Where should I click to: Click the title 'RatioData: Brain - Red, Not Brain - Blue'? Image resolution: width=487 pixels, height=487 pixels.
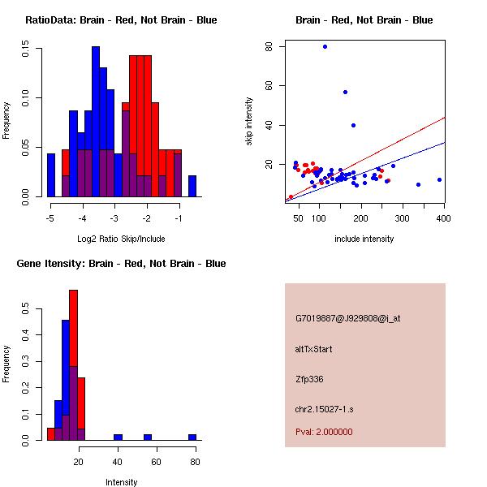121,19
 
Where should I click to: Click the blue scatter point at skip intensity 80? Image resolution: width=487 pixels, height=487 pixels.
325,46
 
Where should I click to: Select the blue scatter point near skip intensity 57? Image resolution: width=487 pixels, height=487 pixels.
345,92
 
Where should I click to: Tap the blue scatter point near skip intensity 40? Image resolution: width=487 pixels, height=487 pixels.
353,125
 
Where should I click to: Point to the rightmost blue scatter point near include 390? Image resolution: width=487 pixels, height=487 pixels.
439,179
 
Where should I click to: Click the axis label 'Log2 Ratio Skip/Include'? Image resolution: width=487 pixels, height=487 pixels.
121,239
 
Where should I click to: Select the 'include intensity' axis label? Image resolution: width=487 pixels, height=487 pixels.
364,239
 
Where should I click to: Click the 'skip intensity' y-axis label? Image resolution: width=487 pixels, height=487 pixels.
250,122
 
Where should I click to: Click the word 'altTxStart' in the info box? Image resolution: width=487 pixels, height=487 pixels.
314,349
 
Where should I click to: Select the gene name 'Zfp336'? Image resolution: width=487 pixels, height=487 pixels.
309,379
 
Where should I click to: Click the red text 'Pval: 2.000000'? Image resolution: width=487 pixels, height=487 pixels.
324,432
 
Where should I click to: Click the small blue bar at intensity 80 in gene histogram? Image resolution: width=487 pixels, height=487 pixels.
192,437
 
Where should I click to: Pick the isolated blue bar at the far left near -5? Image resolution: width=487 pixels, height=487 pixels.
51,175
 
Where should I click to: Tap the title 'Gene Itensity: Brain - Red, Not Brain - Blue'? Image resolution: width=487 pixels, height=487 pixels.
121,263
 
